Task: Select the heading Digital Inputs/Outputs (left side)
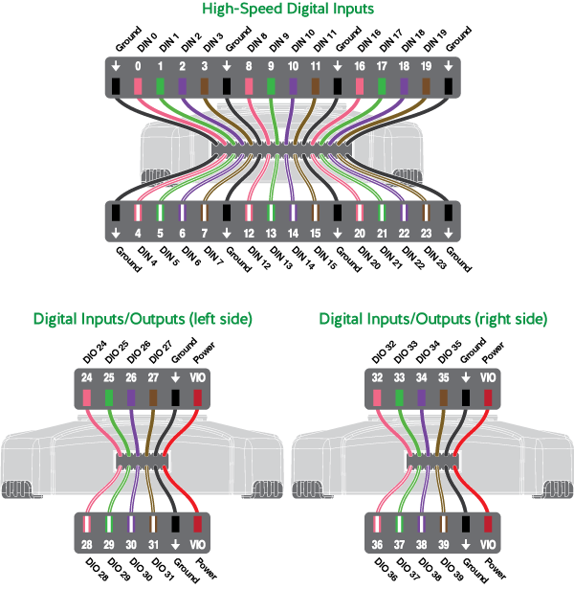(143, 318)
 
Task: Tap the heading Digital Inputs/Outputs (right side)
(432, 318)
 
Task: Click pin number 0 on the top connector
(138, 67)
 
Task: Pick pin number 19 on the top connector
(426, 67)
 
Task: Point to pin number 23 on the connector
(426, 232)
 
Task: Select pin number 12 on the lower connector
(249, 232)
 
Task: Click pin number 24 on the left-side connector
(87, 377)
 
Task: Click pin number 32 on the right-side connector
(378, 377)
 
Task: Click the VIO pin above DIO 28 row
(198, 377)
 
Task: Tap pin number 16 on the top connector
(360, 67)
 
